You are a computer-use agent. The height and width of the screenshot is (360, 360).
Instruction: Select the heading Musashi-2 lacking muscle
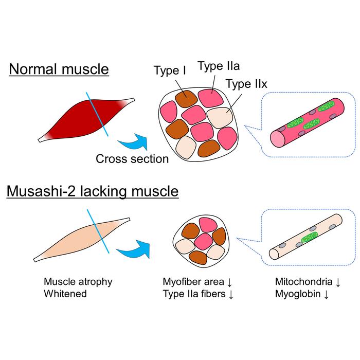tap(93, 192)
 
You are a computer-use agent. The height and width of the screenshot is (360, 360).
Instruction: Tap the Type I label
tap(170, 71)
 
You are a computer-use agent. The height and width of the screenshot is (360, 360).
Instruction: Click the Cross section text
tap(132, 159)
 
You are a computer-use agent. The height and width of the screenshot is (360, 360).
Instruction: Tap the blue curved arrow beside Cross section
tap(132, 139)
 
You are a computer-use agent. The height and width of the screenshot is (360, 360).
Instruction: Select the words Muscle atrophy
tap(78, 282)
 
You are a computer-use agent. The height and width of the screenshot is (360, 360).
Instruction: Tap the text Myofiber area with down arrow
tap(197, 282)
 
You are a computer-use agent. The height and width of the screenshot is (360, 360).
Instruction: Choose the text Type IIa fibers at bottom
tap(197, 294)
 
